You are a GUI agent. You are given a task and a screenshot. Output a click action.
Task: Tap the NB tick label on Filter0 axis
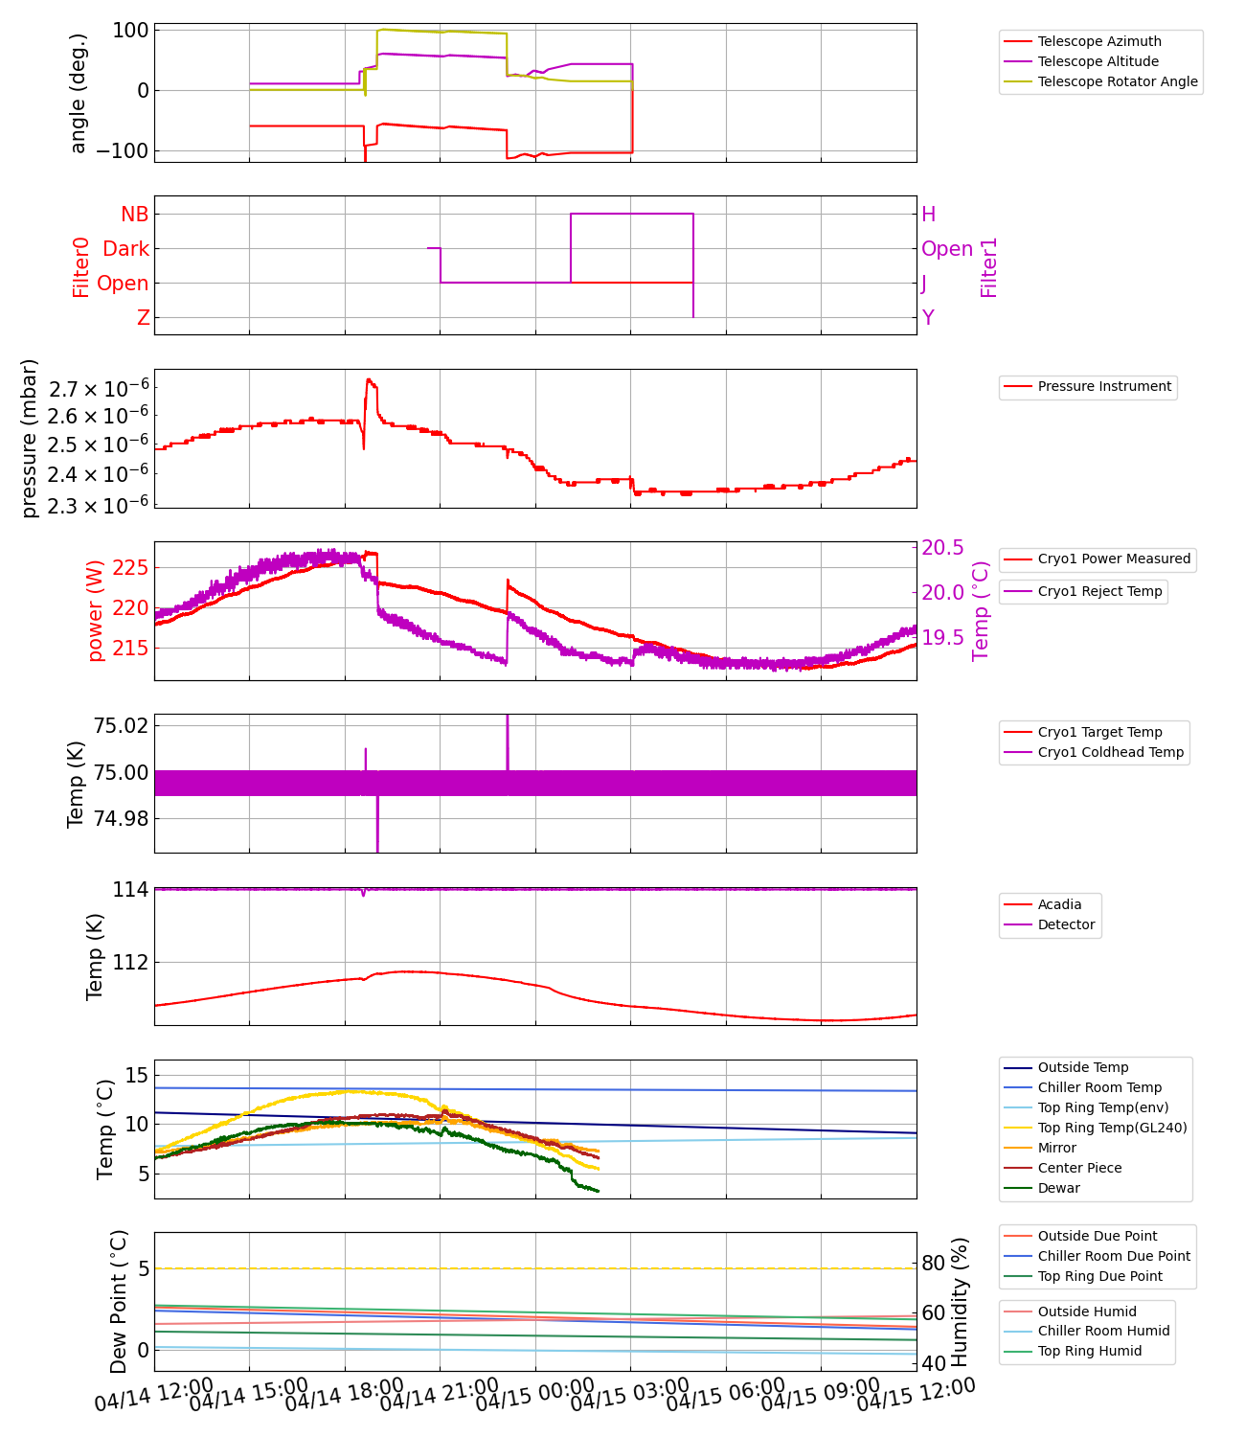pyautogui.click(x=135, y=215)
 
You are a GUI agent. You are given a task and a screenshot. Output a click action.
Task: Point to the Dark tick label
pyautogui.click(x=125, y=249)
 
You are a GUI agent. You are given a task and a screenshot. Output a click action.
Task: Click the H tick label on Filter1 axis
pyautogui.click(x=928, y=215)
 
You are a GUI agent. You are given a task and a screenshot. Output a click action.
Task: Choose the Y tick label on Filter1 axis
pyautogui.click(x=927, y=318)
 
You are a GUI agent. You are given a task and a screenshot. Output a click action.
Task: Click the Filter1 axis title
pyautogui.click(x=989, y=267)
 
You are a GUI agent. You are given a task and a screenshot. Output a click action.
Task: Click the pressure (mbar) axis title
pyautogui.click(x=30, y=439)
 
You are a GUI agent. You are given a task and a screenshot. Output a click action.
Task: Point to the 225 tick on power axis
pyautogui.click(x=130, y=568)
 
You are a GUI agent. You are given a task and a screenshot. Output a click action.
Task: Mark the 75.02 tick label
pyautogui.click(x=121, y=725)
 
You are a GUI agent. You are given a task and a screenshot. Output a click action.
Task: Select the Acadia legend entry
pyautogui.click(x=1059, y=904)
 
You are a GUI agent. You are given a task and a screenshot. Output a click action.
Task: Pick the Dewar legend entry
pyautogui.click(x=1058, y=1188)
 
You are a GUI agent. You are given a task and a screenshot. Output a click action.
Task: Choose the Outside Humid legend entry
pyautogui.click(x=1087, y=1312)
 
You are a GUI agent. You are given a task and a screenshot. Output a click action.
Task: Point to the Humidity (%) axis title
pyautogui.click(x=961, y=1302)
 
